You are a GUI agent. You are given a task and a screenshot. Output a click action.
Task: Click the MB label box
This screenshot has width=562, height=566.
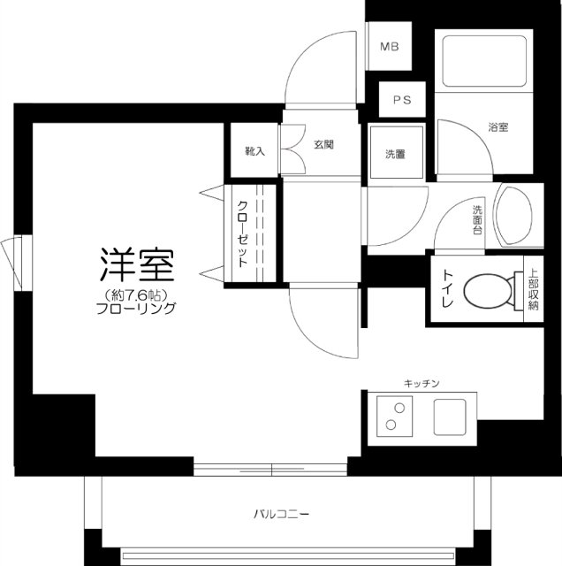[x=389, y=47]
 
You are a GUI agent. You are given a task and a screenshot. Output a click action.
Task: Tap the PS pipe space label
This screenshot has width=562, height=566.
[x=402, y=101]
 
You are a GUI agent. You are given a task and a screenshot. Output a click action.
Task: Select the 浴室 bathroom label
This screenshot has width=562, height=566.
[x=497, y=127]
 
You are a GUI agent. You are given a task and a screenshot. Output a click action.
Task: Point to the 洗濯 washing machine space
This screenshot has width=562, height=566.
[x=395, y=154]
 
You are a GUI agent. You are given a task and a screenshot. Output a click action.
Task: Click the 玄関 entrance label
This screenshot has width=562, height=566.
[x=323, y=144]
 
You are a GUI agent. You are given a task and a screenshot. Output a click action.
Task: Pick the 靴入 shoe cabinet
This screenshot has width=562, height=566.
[x=255, y=151]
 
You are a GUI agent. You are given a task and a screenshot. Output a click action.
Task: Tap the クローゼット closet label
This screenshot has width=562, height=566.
[x=241, y=233]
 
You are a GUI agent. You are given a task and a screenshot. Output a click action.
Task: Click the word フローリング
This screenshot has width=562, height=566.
[x=137, y=309]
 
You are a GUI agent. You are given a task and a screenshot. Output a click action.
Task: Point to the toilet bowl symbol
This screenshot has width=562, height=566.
[x=488, y=291]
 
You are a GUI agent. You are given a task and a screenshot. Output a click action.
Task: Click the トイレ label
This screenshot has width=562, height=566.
[x=447, y=290]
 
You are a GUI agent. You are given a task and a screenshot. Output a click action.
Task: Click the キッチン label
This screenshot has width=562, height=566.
[x=421, y=383]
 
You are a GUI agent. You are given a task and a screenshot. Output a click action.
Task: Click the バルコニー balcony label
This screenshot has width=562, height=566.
[x=281, y=513]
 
